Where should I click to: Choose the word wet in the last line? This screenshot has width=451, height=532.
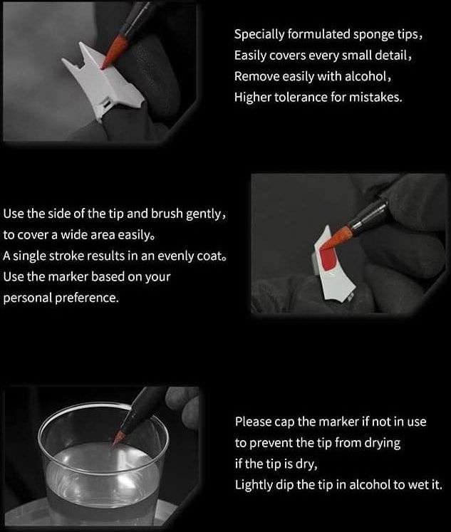(x=417, y=485)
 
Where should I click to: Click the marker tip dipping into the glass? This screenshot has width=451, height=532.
(x=118, y=438)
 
